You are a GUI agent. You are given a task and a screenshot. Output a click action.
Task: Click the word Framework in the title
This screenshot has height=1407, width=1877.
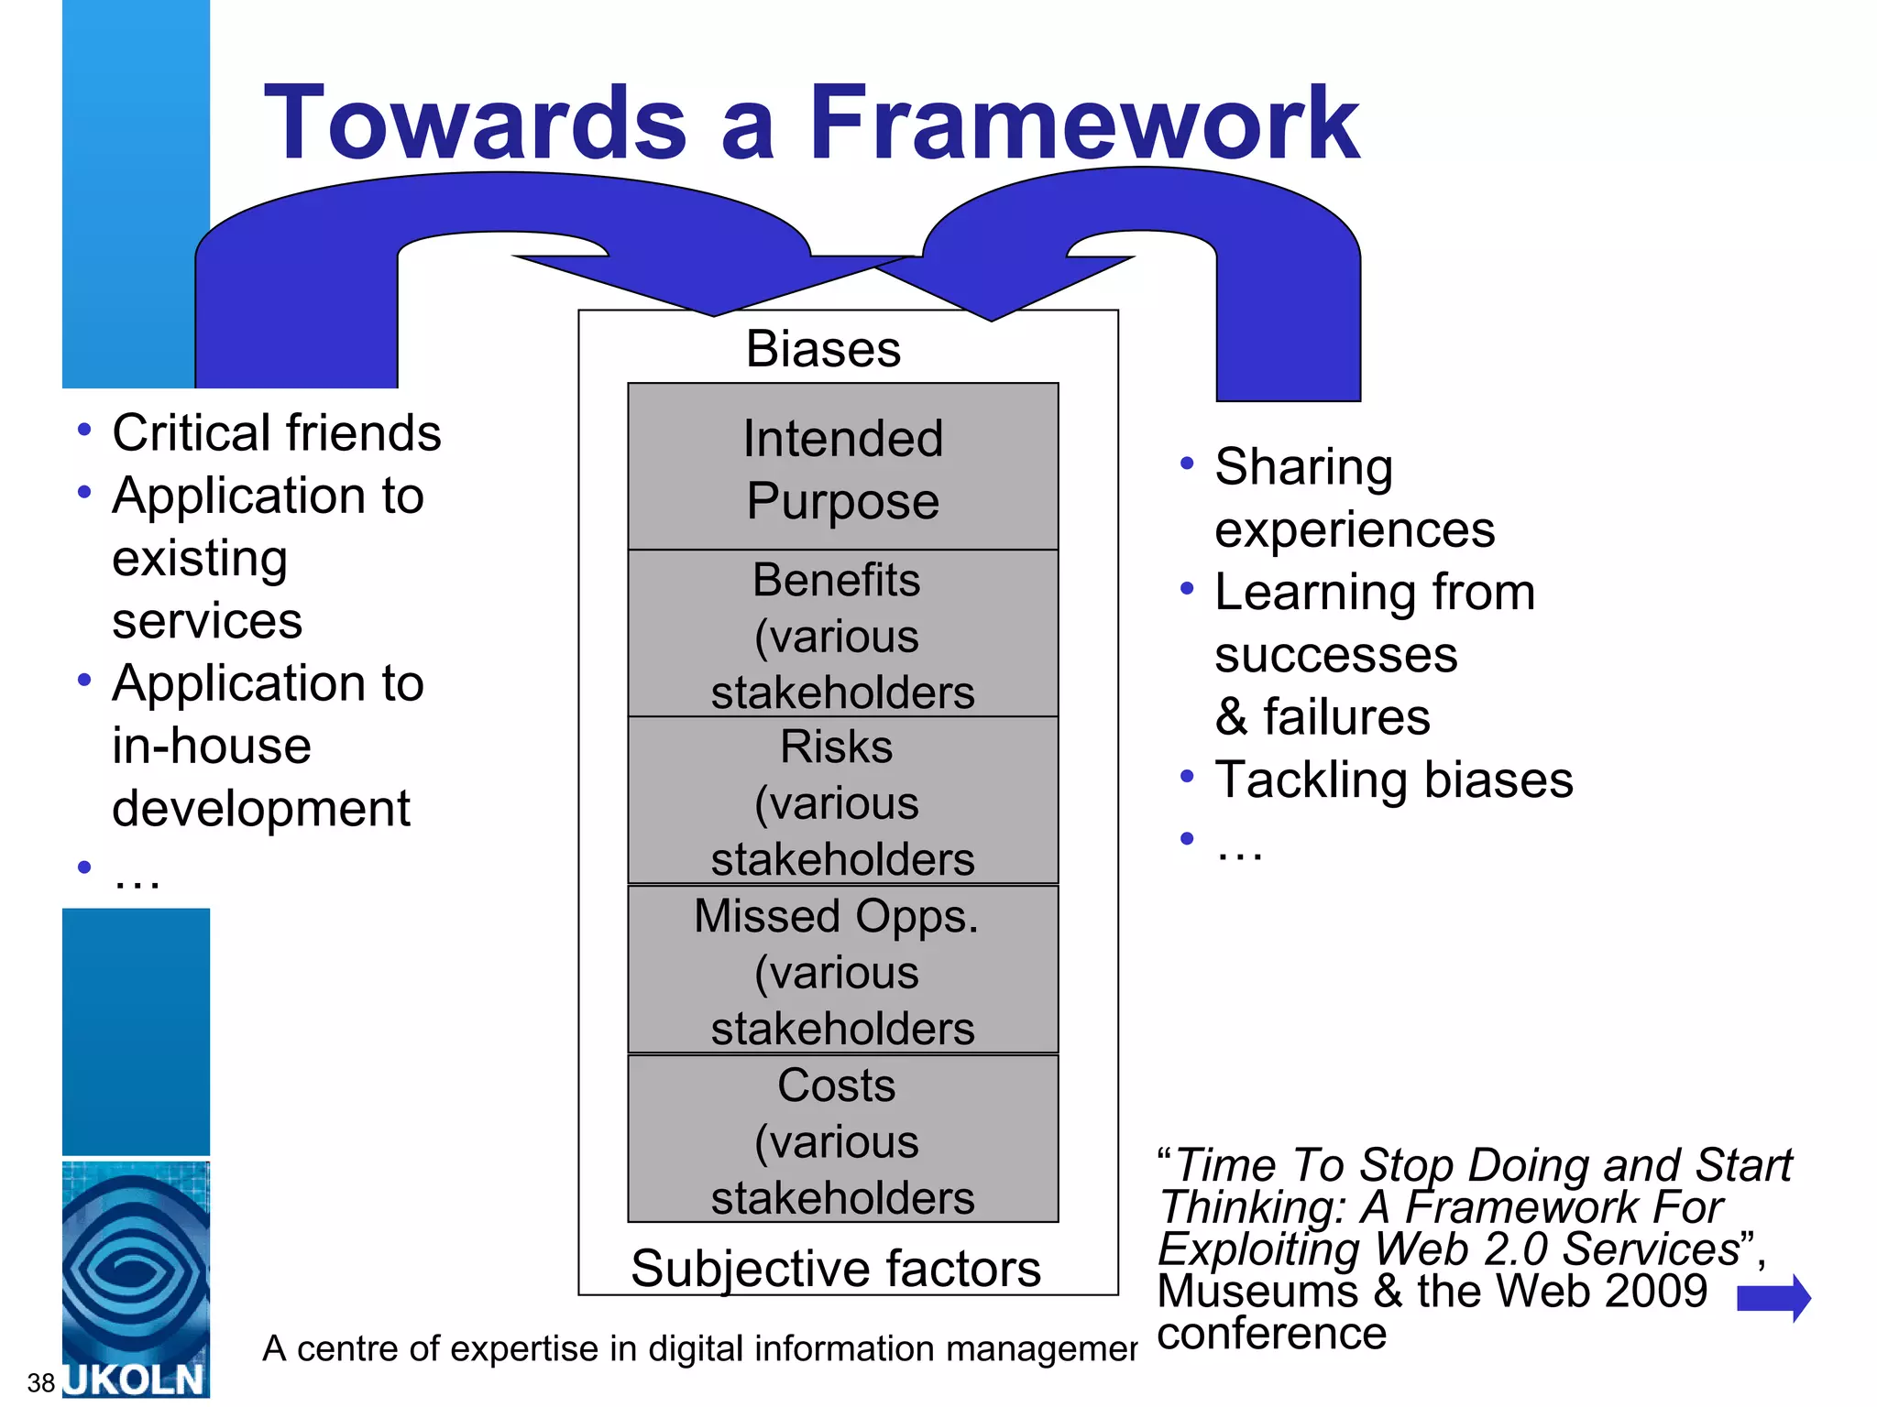1083,124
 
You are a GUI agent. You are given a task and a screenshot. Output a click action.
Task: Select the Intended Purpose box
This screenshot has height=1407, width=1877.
842,467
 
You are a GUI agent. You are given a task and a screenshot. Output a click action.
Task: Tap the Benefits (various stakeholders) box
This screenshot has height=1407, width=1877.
842,634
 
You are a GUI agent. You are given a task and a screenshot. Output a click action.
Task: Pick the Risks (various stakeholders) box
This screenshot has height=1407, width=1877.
842,802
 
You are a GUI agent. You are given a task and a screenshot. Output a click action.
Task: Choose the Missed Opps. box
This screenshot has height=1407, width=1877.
842,969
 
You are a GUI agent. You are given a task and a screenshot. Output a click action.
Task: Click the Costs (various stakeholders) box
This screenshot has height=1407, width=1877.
842,1139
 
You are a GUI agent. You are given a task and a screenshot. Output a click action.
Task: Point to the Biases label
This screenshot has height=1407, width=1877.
823,349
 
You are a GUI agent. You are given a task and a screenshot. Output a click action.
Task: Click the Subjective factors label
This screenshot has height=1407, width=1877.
835,1269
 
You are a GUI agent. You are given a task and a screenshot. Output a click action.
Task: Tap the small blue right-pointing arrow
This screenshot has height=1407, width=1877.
1773,1298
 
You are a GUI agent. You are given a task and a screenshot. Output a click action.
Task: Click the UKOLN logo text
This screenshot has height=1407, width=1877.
136,1380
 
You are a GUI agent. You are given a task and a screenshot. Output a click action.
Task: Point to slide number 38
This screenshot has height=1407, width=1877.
41,1382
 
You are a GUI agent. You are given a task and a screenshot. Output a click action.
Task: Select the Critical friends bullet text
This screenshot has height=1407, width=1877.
276,432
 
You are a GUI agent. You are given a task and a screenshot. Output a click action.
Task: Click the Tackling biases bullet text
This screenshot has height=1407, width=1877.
1393,780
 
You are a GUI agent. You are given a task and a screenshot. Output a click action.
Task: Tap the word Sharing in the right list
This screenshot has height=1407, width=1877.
1303,467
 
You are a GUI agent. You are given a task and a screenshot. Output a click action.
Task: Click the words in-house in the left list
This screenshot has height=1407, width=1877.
212,746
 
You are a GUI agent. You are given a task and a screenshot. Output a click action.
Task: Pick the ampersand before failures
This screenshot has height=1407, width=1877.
1232,717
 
